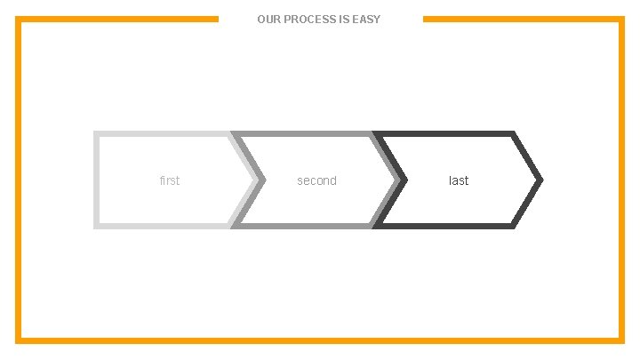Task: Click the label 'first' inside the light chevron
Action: coord(169,180)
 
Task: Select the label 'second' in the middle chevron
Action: coord(316,180)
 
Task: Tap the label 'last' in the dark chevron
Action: coord(459,180)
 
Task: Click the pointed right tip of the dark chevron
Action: coord(539,180)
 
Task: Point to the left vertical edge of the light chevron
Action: coord(96,180)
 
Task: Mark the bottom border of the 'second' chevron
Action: coord(302,226)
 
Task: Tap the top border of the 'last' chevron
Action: coord(444,134)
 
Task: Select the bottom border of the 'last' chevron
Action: coord(444,226)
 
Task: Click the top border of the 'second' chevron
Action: coord(302,134)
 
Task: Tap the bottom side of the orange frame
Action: coord(320,340)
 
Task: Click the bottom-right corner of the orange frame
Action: coord(620,340)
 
